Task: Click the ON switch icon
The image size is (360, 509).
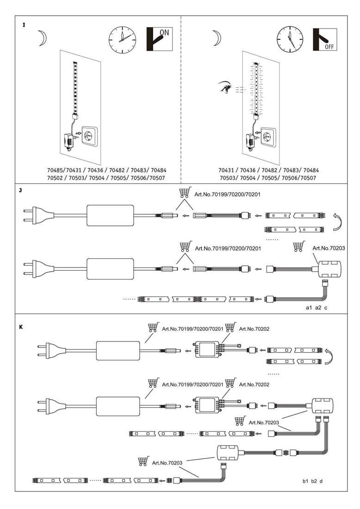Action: click(x=159, y=39)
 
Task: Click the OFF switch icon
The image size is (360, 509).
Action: click(x=325, y=40)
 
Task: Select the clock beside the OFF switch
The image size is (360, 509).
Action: click(x=290, y=39)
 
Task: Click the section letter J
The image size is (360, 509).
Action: click(x=20, y=191)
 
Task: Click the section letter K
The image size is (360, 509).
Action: click(x=21, y=327)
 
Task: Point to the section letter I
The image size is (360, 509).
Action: click(x=24, y=25)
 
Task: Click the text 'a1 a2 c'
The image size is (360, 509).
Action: click(x=317, y=307)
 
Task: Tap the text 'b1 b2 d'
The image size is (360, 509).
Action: click(x=312, y=481)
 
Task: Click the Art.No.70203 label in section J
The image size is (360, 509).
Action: click(x=329, y=248)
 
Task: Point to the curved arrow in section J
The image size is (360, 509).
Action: click(x=338, y=222)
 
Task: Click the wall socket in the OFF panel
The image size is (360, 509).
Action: click(x=269, y=137)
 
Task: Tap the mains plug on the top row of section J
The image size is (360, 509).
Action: click(x=38, y=215)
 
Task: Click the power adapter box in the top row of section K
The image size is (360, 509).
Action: click(x=118, y=351)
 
